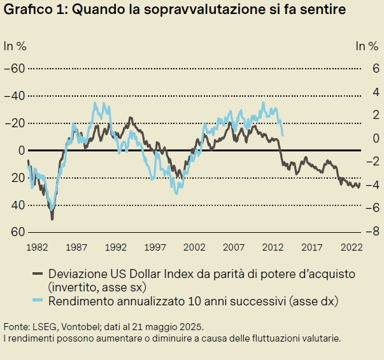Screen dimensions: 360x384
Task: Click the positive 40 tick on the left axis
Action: (x=17, y=205)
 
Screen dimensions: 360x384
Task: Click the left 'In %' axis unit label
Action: (x=15, y=45)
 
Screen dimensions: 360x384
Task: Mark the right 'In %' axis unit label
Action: (x=367, y=45)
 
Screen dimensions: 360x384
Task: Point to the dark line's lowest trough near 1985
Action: (x=52, y=218)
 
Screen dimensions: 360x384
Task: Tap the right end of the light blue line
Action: (x=283, y=135)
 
